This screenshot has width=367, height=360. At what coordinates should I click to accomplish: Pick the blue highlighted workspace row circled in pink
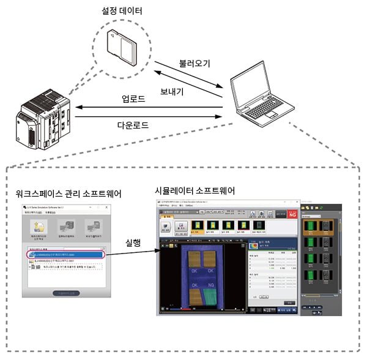click(64, 254)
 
